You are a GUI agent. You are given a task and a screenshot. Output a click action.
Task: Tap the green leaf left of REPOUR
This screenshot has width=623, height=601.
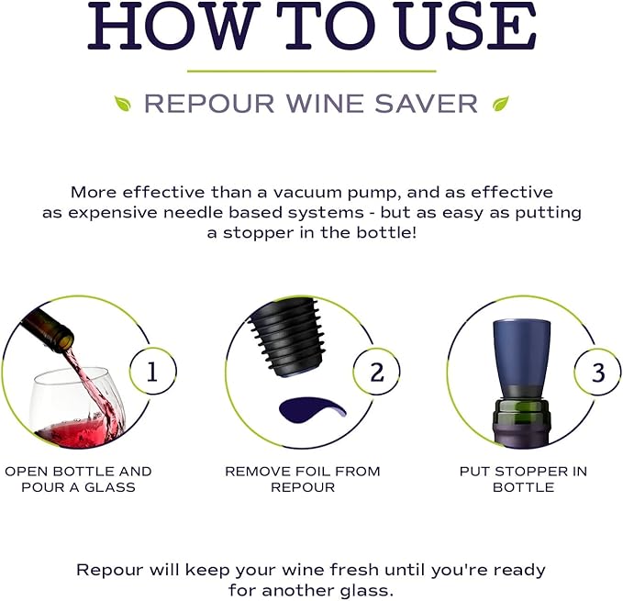point(122,104)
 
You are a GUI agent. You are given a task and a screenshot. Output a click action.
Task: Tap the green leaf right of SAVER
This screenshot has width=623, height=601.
point(501,104)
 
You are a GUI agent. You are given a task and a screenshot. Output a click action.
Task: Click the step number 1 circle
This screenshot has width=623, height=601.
point(153,372)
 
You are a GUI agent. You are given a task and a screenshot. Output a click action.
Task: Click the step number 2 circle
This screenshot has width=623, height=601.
point(376,372)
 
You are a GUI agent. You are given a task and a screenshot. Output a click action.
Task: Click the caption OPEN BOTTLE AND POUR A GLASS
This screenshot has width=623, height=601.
point(78,479)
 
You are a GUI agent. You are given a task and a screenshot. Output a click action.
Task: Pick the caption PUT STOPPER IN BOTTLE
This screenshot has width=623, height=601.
point(523,479)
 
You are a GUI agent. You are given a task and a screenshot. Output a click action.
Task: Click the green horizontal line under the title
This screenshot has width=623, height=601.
point(311,70)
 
